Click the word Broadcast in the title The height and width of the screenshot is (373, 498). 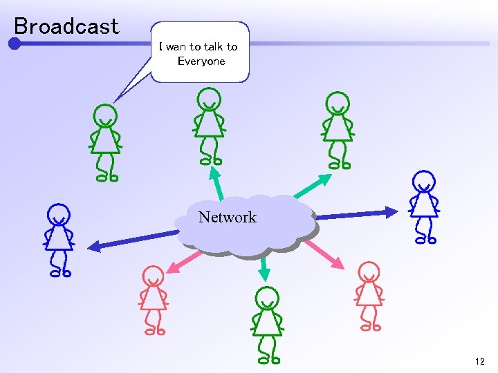coord(66,26)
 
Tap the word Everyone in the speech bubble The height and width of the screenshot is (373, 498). coord(201,61)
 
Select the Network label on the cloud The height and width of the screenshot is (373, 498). coord(227,218)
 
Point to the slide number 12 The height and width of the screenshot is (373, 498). coord(480,361)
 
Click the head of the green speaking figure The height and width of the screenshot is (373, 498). coord(105,115)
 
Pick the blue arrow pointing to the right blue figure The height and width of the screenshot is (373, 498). coord(357,214)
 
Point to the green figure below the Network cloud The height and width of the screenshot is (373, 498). coord(266,325)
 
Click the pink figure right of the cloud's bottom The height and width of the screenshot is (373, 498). coord(369,296)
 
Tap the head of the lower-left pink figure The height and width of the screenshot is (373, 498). coord(153,276)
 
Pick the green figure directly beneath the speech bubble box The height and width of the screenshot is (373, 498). coord(209,128)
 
